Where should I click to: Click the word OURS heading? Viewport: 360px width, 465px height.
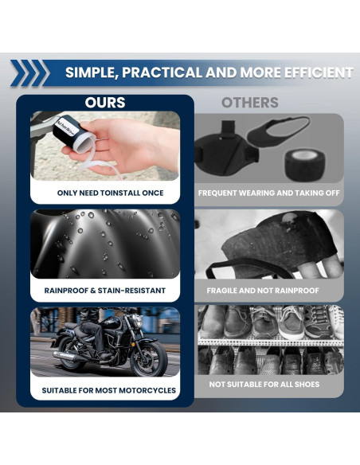coord(105,103)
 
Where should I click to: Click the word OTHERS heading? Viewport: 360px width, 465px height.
coord(249,103)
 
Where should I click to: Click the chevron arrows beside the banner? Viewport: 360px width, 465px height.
coord(28,73)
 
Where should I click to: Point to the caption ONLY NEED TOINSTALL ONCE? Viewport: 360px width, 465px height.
coord(111,193)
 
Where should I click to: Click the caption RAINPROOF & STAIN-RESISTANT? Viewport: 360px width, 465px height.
coord(105,291)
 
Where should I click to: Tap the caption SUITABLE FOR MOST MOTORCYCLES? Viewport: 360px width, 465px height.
coord(109,390)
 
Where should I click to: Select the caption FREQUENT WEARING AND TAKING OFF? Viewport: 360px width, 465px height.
coord(269,193)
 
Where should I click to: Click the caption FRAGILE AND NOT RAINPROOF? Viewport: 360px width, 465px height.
coord(263,291)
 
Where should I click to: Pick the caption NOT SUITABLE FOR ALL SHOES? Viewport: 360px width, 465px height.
coord(264,385)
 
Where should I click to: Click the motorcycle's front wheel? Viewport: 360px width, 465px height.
coord(149,358)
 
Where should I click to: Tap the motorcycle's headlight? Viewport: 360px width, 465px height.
coord(137,320)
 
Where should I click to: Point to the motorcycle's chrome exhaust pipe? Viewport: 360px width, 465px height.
coord(68,356)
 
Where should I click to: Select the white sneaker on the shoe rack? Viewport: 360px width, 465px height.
coord(335,322)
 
